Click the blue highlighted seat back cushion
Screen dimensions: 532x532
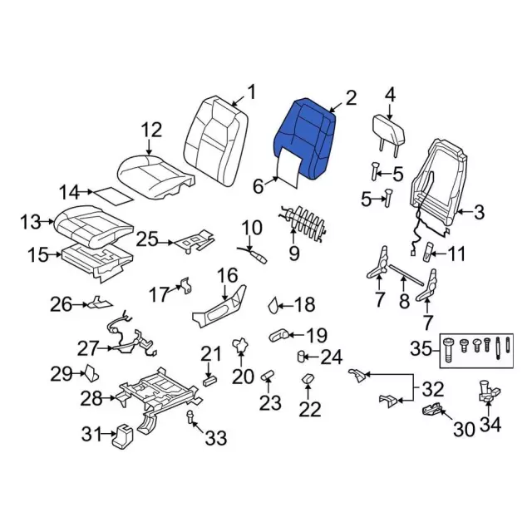[x=307, y=137]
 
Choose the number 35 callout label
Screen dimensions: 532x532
[x=421, y=347]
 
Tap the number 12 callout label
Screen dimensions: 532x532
[x=150, y=130]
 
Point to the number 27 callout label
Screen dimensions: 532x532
[x=87, y=347]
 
